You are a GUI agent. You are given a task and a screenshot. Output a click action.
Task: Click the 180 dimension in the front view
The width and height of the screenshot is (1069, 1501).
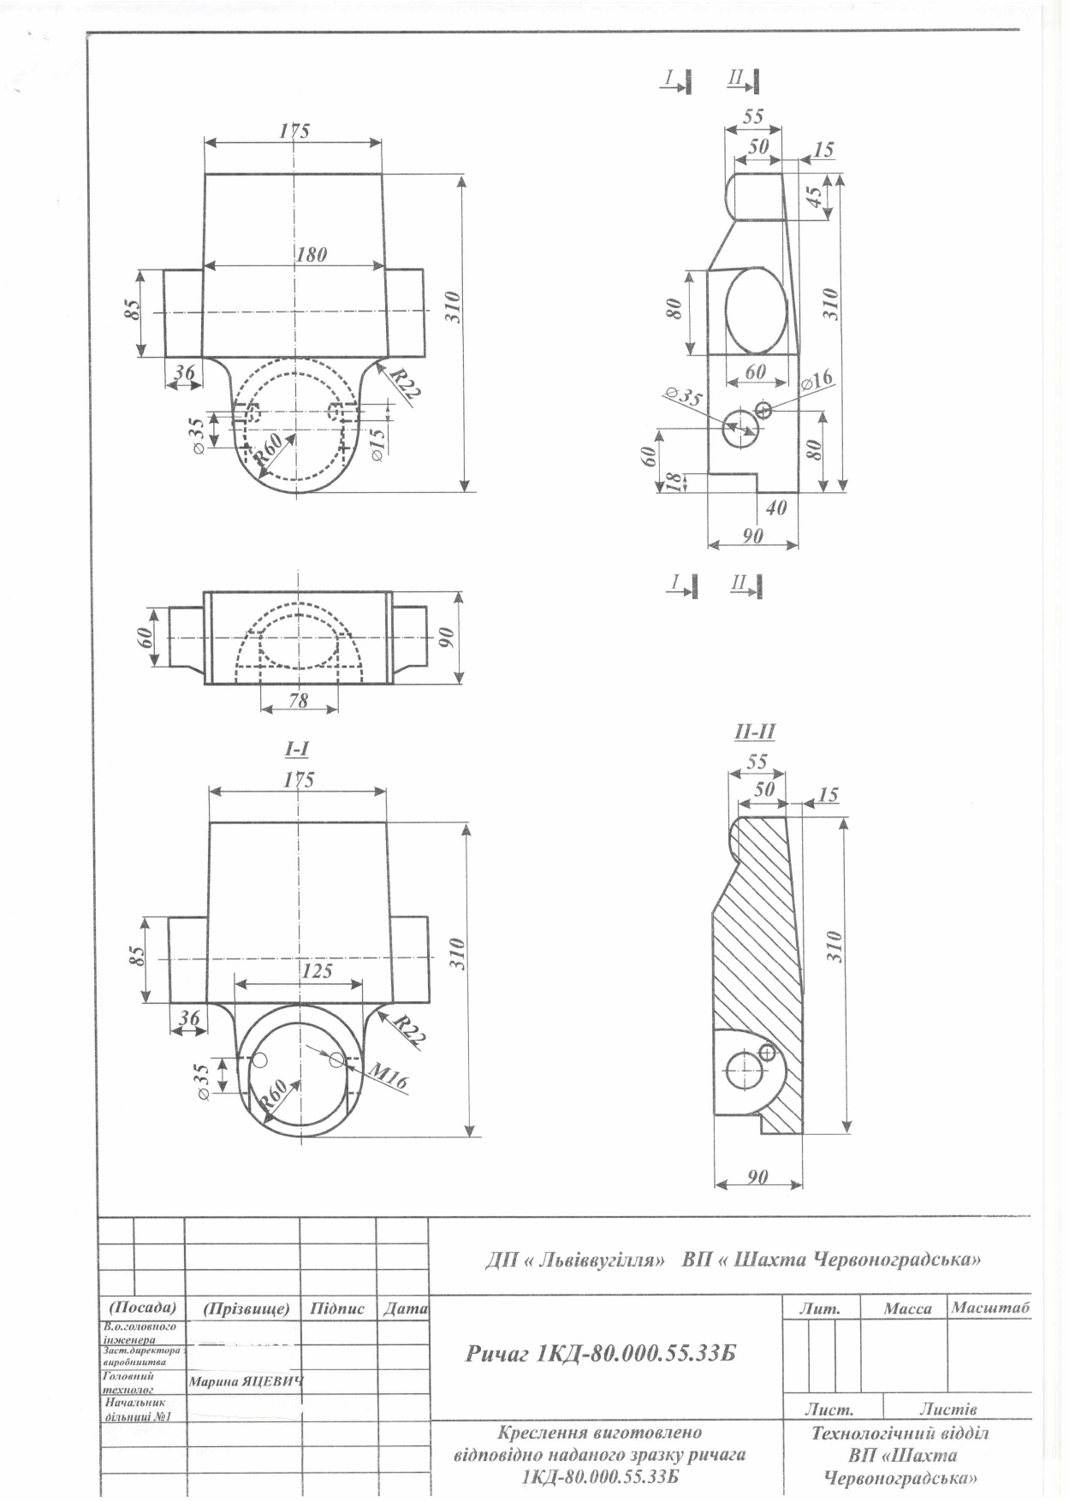[312, 254]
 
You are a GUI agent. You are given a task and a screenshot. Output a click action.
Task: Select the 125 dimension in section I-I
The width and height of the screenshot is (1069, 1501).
[317, 971]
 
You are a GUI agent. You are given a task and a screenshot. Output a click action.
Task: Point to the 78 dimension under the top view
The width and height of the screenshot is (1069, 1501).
[299, 700]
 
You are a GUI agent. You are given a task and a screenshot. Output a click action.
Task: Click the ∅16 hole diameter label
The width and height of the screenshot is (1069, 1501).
[817, 380]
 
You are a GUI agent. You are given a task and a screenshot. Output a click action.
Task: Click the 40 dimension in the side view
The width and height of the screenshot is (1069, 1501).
[775, 507]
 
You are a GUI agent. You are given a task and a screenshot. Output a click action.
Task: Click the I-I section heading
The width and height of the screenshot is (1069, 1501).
[297, 749]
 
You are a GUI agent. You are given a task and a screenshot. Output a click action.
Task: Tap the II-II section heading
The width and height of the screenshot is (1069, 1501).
[755, 732]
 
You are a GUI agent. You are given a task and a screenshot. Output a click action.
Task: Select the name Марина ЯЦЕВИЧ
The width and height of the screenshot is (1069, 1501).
[246, 1381]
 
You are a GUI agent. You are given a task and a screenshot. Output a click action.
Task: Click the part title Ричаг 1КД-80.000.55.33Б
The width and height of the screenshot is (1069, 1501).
[601, 1354]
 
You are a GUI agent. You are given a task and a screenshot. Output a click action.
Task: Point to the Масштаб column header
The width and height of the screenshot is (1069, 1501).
[990, 1308]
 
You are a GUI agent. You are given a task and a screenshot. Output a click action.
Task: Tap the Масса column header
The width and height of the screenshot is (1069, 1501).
[907, 1309]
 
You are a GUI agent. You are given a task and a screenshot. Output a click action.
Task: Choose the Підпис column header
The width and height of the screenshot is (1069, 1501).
[337, 1309]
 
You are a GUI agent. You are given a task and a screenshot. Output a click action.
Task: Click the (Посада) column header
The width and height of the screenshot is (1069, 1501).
[142, 1308]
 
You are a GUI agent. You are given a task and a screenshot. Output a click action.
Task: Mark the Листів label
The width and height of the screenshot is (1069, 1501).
[947, 1408]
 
